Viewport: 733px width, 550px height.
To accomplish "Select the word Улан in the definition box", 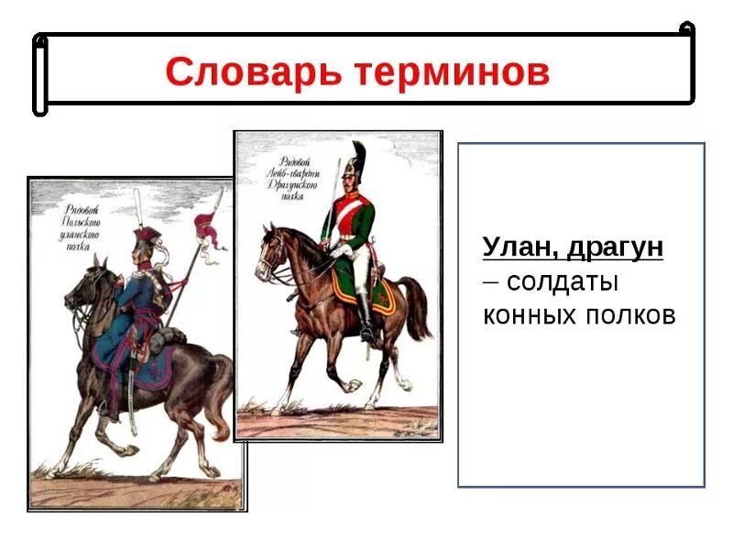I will pos(517,247).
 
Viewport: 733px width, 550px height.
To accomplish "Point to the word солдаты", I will pos(563,281).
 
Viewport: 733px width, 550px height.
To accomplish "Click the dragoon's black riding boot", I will pos(366,316).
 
